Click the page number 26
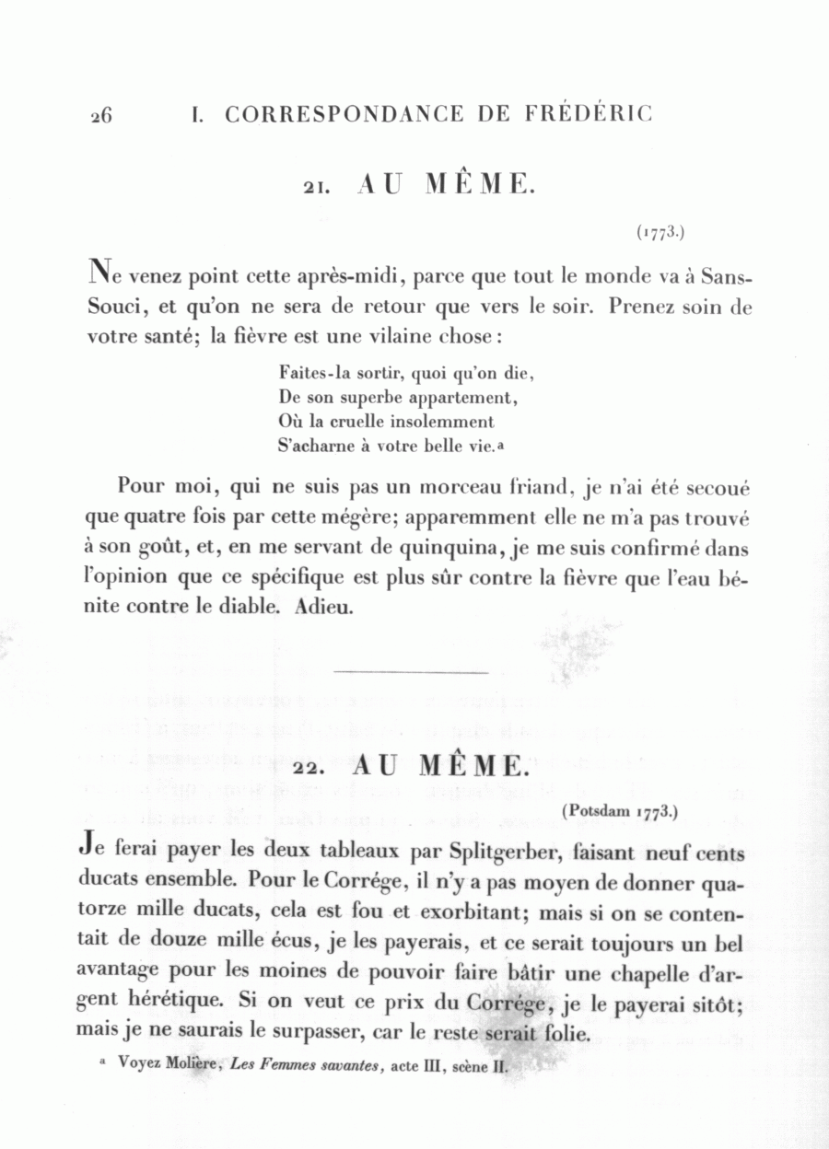(101, 116)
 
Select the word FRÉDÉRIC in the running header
(589, 114)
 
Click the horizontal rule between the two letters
(411, 673)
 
